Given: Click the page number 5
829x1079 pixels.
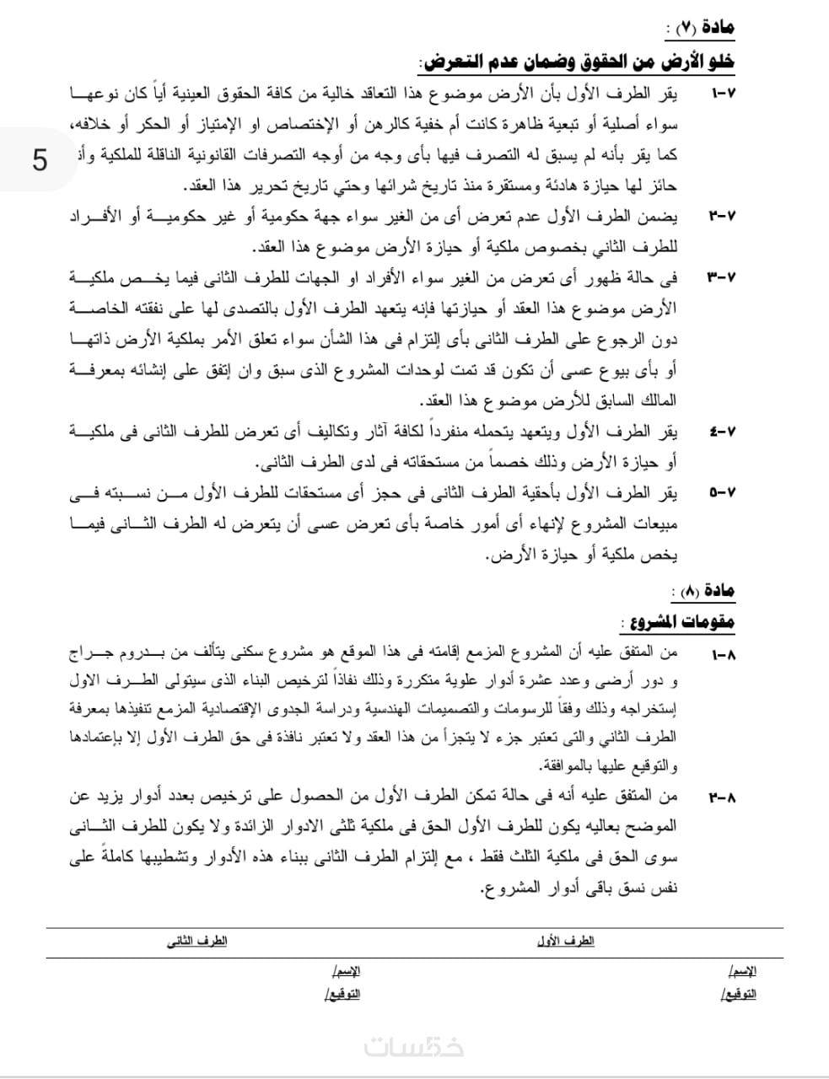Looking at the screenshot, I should [40, 159].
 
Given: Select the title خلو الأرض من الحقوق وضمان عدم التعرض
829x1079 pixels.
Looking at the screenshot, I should [577, 62].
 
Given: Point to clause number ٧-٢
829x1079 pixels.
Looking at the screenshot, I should [722, 216].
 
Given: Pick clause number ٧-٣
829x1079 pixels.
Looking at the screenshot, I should [722, 276].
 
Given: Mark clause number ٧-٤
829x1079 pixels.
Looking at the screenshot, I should [722, 432].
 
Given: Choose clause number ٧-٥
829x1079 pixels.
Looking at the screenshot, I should [722, 491].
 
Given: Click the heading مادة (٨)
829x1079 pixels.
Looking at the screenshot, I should [702, 591].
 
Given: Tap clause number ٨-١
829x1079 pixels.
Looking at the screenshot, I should [723, 653].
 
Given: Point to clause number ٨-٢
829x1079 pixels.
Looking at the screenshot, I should [723, 796].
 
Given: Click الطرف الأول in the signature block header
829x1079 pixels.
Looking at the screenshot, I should [565, 942].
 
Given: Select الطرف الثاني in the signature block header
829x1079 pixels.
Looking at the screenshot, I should [196, 942].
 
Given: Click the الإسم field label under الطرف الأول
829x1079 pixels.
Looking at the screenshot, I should [741, 972].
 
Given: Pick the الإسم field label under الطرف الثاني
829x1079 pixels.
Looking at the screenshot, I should [346, 972].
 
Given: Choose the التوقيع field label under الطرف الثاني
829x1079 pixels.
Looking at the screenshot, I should [342, 995].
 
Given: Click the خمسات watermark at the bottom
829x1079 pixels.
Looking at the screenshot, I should [414, 1046].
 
